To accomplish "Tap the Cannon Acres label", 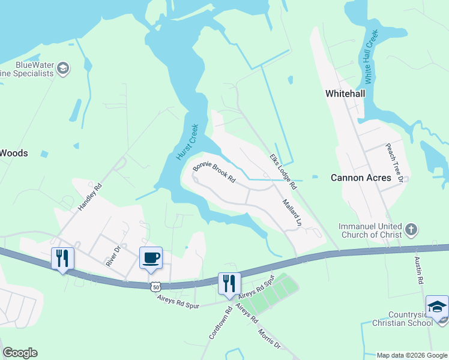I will pos(361,178).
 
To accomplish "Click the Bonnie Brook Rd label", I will pos(214,173).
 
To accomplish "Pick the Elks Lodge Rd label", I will pos(284,171).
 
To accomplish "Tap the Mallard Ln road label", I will pos(291,212).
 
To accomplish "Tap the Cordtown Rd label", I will pos(220,323).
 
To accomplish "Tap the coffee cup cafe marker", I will pos(151,258).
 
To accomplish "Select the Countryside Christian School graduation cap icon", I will pos(436,306).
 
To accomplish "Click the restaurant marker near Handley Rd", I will pos(62,259).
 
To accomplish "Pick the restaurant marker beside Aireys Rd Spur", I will pos(229,284).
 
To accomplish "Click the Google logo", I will pos(20,353).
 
